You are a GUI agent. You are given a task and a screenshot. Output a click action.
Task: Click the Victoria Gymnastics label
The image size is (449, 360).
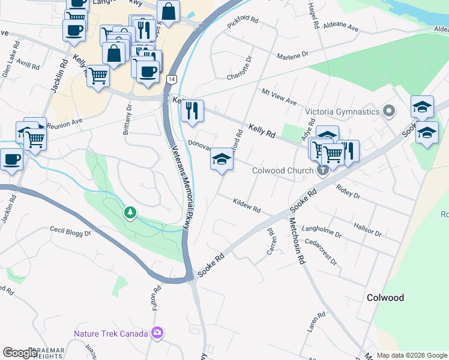point(342,112)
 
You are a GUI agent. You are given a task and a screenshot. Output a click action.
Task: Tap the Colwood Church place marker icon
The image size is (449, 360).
point(322,170)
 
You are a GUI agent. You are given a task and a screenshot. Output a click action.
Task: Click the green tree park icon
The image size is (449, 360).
point(130,212)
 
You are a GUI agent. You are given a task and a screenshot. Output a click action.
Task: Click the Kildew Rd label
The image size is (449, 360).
point(246,206)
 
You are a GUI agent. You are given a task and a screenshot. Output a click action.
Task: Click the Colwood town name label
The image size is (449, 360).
point(385,298)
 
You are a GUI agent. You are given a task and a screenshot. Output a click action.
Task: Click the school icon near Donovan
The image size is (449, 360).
point(221,159)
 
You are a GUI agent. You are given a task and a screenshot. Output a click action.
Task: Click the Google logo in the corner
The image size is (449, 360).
point(20,353)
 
